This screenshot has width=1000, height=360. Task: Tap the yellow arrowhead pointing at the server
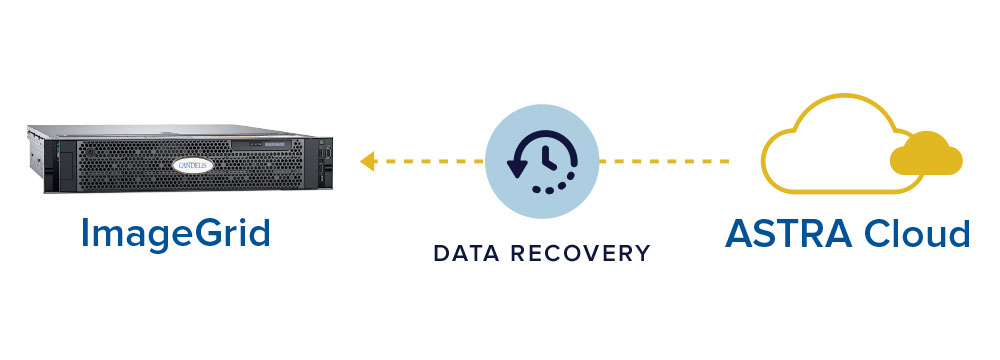click(368, 160)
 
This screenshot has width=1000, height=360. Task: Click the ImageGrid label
click(176, 233)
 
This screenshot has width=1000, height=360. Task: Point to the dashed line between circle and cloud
click(665, 160)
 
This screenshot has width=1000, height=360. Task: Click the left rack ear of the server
click(37, 160)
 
